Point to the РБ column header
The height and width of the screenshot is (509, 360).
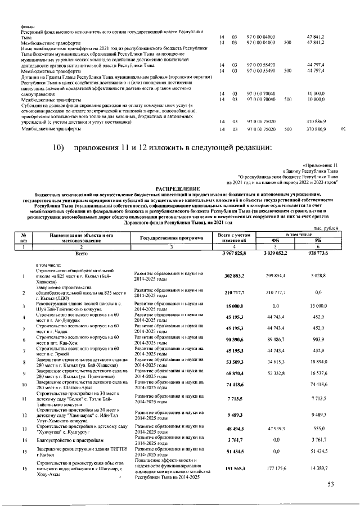click(326, 240)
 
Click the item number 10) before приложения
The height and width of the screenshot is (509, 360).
click(60, 148)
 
